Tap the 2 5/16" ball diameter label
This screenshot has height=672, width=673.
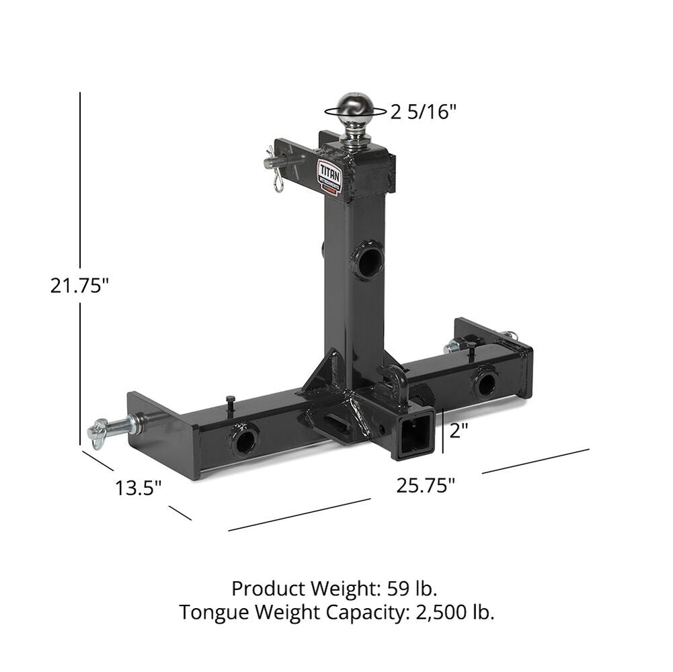tap(424, 112)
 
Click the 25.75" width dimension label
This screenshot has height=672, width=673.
tap(426, 485)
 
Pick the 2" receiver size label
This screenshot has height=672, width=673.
tap(459, 431)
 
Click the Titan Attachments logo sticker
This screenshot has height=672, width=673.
tap(329, 176)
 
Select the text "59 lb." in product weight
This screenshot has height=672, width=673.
tap(413, 589)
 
